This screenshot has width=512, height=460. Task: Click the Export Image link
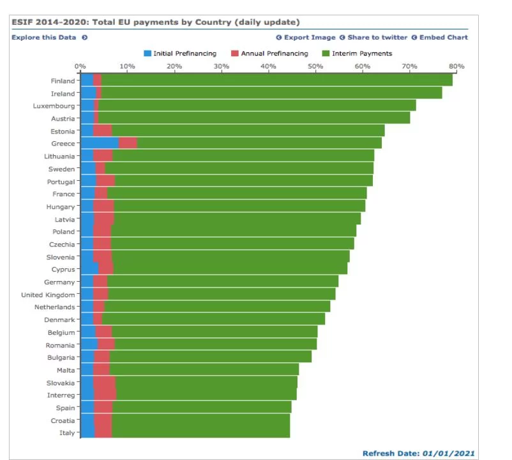[x=309, y=37]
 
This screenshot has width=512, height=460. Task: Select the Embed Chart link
[x=443, y=37]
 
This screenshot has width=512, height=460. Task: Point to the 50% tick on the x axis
[x=315, y=66]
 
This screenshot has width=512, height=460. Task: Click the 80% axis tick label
[x=456, y=66]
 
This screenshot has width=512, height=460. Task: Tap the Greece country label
[x=63, y=144]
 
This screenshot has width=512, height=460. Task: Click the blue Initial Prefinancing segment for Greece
[x=100, y=143]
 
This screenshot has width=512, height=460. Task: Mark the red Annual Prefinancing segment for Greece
[x=128, y=143]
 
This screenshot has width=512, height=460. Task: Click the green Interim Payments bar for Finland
[x=275, y=80]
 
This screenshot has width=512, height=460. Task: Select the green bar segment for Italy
[x=201, y=433]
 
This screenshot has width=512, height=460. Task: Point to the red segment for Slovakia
[x=104, y=383]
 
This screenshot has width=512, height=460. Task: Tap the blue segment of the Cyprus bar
[x=89, y=269]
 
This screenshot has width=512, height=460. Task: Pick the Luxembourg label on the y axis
[x=54, y=106]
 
